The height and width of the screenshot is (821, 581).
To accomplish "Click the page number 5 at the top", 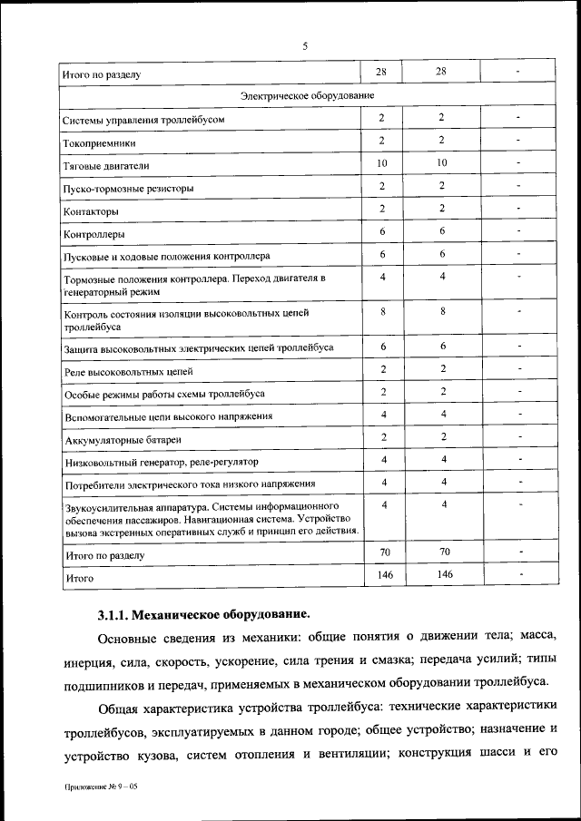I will tap(305, 45).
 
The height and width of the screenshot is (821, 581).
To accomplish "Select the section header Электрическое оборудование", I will tap(307, 95).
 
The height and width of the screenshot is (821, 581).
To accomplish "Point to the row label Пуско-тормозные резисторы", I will tap(128, 189).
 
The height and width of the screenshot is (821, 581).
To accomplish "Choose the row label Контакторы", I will tap(91, 211).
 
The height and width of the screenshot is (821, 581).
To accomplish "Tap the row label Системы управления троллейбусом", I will tap(143, 120).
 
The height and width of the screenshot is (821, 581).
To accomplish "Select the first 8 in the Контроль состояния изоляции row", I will tap(382, 311).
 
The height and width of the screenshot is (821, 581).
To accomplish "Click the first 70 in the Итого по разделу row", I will tap(382, 551).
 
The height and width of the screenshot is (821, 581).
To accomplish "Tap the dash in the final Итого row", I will tap(519, 573).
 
